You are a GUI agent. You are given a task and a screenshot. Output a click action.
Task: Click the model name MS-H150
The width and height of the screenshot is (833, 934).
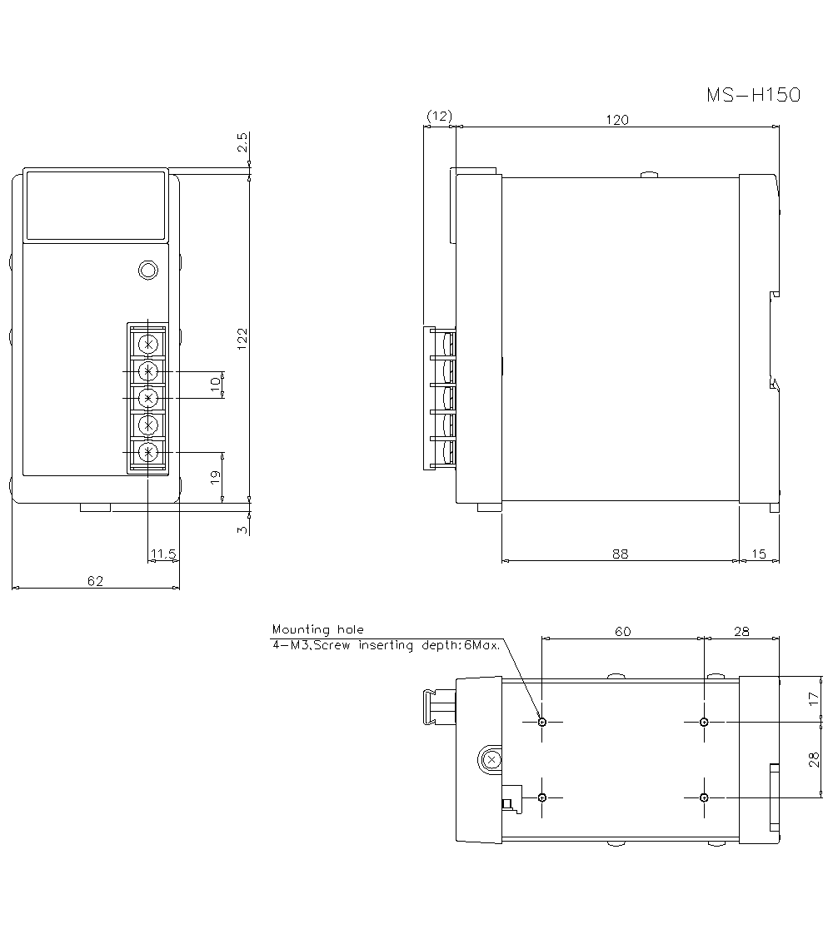click(753, 95)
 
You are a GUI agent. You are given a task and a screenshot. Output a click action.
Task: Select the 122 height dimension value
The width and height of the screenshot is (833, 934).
click(242, 338)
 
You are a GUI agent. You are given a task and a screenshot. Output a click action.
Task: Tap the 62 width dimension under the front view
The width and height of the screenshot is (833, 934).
click(95, 580)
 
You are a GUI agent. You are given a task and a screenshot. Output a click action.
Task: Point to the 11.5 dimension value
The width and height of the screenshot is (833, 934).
click(162, 553)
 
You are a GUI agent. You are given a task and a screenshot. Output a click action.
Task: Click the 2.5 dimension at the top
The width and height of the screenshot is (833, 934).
click(242, 142)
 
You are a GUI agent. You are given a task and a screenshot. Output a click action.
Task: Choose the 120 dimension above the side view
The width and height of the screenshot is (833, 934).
click(616, 119)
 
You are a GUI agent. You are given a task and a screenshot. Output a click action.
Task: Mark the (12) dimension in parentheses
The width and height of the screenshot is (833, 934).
click(439, 117)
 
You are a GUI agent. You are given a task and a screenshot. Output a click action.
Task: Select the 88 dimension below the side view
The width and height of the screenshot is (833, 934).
click(620, 553)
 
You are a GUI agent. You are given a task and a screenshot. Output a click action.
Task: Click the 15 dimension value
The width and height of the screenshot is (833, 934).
click(759, 553)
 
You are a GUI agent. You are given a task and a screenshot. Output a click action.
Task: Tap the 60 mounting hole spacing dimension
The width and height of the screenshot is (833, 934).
click(622, 631)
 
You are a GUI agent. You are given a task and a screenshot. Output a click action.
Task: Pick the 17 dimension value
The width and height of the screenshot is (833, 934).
click(815, 699)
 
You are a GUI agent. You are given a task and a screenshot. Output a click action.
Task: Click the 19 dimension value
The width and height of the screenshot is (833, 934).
click(215, 477)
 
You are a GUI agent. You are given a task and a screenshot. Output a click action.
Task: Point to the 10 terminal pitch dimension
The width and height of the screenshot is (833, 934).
click(215, 384)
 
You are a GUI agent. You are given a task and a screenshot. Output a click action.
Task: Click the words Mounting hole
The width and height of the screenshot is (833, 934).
click(317, 630)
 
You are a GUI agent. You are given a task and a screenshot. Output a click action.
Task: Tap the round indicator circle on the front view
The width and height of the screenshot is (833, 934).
click(147, 270)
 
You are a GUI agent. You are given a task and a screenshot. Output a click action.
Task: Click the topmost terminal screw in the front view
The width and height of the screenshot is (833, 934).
click(148, 343)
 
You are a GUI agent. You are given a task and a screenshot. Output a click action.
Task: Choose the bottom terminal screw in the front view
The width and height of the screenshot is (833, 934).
click(148, 452)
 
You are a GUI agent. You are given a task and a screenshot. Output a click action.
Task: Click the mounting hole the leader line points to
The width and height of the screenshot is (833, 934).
click(542, 722)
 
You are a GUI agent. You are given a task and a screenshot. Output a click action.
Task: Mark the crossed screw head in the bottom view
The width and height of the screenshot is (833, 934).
click(491, 759)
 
